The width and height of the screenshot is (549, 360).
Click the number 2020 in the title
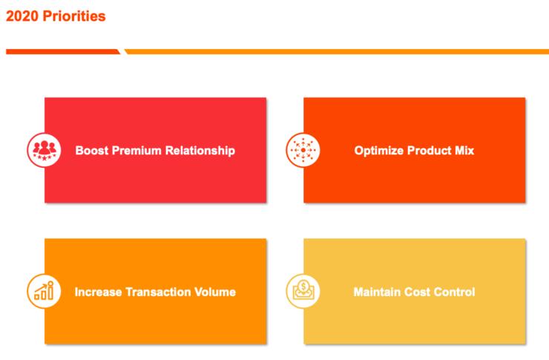coord(22,16)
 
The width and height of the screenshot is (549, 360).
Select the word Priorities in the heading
coord(74,16)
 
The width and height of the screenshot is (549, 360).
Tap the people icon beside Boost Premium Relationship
coord(44,150)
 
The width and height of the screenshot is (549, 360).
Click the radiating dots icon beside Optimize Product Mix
coord(303,150)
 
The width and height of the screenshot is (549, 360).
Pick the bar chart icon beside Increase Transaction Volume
coord(44,291)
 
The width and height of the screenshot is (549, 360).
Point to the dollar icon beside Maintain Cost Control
coord(303,291)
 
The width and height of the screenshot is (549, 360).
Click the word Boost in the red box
coord(92,151)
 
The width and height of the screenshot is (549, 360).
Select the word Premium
coord(137,151)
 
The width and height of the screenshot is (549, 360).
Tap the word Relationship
coord(200,151)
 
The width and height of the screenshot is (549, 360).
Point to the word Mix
coord(464,151)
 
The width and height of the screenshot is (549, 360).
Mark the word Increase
coord(98,292)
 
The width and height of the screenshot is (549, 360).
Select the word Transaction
coord(158,292)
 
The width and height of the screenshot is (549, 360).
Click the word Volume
coord(215,292)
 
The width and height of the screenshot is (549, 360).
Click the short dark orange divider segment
coord(63,52)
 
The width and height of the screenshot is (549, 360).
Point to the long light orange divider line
coord(337,52)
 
